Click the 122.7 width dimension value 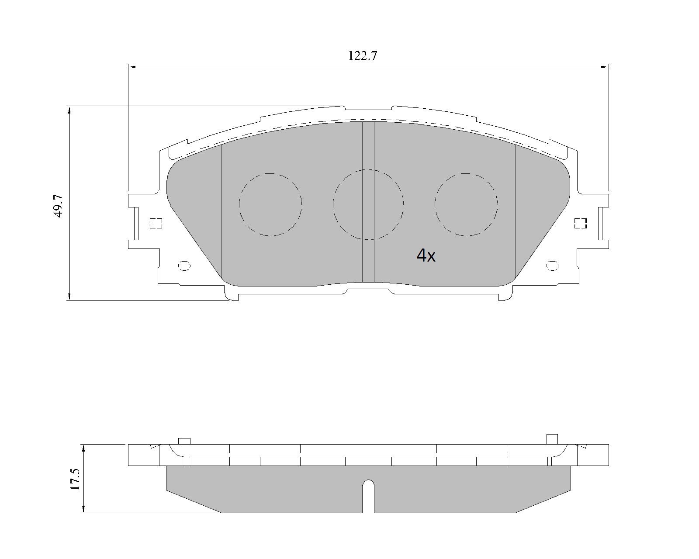tap(363, 56)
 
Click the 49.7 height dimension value tap(59, 206)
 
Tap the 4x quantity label tap(426, 255)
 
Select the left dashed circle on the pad tap(239, 205)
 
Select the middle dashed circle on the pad tap(333, 205)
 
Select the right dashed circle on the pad tap(435, 205)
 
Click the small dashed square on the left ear tap(156, 223)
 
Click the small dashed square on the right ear tap(581, 223)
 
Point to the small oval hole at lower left tap(184, 266)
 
